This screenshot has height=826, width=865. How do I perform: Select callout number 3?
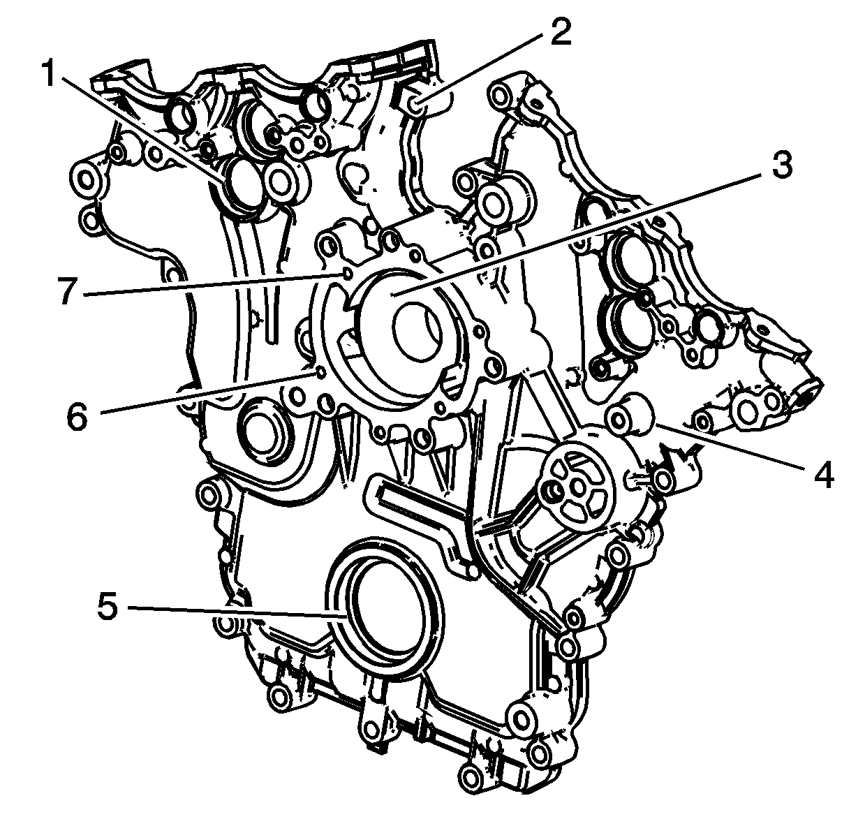tap(781, 164)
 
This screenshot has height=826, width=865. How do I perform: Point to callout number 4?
tap(824, 474)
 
